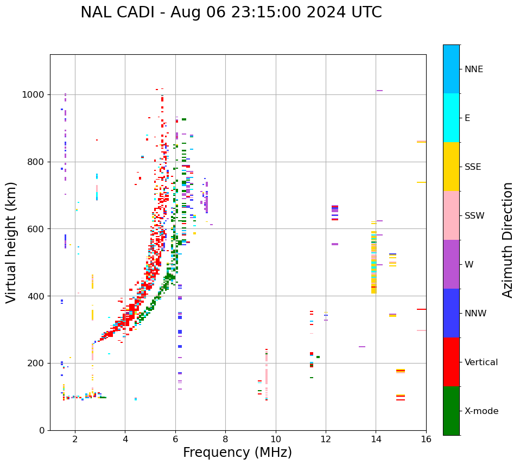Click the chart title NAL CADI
click(x=231, y=12)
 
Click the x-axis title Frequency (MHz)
click(x=237, y=453)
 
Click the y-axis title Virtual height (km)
click(x=11, y=243)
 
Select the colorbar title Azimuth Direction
click(x=508, y=240)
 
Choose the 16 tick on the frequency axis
click(x=426, y=438)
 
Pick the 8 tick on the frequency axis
click(x=225, y=438)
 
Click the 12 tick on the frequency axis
click(x=326, y=438)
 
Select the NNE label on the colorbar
click(x=474, y=69)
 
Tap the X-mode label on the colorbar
click(x=481, y=411)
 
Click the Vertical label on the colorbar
click(x=481, y=362)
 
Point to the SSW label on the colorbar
click(x=474, y=216)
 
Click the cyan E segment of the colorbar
click(x=451, y=118)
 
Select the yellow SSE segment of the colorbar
click(x=451, y=167)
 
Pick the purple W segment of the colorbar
click(x=451, y=264)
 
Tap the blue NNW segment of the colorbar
click(x=451, y=313)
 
